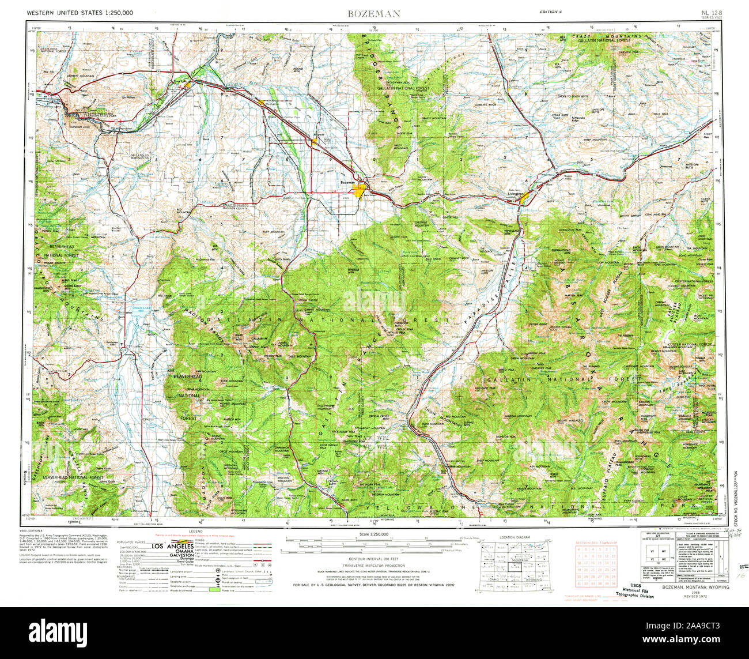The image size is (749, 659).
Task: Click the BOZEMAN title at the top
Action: pyautogui.click(x=374, y=14)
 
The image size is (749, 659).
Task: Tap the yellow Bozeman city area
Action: pyautogui.click(x=361, y=190)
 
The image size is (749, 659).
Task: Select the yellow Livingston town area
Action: pyautogui.click(x=526, y=197)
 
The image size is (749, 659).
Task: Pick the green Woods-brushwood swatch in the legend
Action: pyautogui.click(x=214, y=590)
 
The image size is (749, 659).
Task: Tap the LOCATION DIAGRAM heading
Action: pyautogui.click(x=515, y=537)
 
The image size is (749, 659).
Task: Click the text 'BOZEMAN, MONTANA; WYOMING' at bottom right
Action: pyautogui.click(x=695, y=587)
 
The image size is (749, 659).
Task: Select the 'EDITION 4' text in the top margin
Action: pyautogui.click(x=551, y=12)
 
